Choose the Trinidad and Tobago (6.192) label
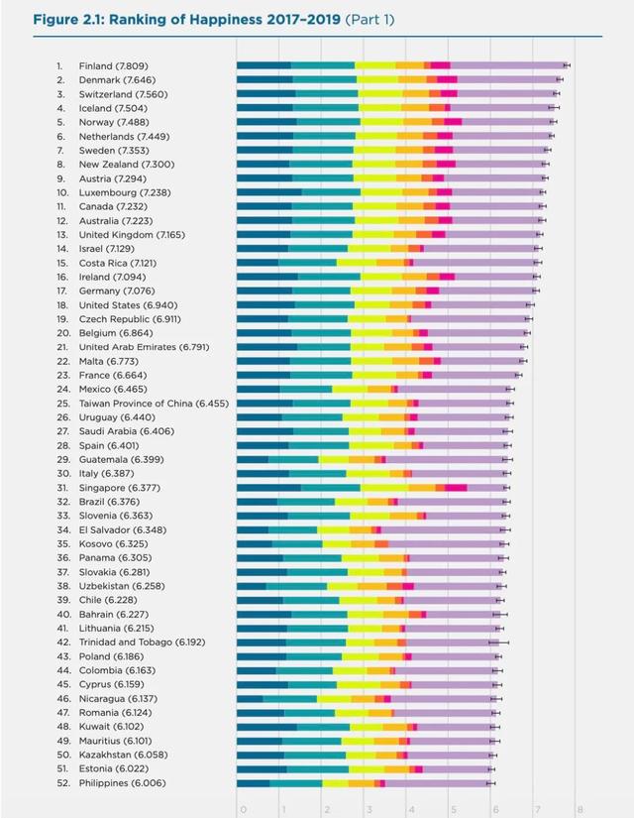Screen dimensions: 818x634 [142, 643]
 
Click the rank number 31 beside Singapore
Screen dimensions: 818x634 [61, 488]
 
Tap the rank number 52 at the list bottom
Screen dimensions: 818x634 [61, 783]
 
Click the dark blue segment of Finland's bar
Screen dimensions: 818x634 [263, 65]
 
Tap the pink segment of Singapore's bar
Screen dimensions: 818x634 [456, 488]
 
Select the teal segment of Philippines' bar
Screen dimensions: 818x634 [295, 783]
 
